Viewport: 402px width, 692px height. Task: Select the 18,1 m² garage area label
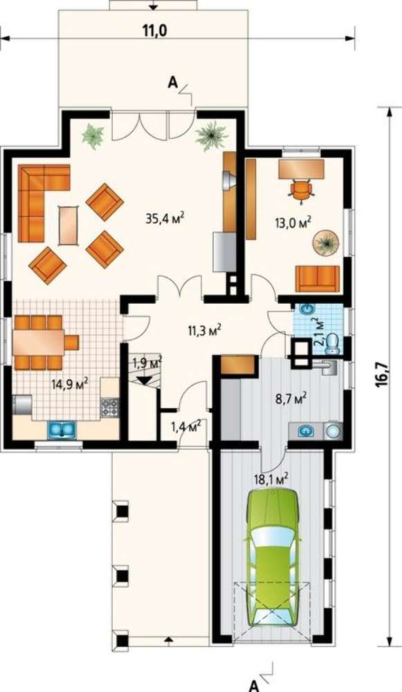(x=271, y=478)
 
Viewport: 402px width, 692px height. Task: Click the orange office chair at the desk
(x=302, y=191)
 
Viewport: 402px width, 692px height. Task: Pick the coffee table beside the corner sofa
(x=68, y=225)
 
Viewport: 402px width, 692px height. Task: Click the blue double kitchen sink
(x=62, y=429)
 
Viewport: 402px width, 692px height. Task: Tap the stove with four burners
(x=110, y=407)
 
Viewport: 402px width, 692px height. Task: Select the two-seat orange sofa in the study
(x=318, y=278)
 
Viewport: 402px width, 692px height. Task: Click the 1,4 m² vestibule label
(x=187, y=426)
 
